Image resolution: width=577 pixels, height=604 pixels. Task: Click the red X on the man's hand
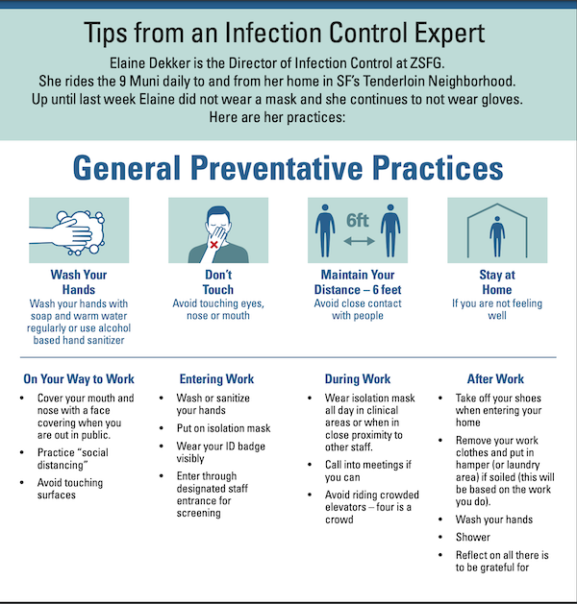click(x=214, y=244)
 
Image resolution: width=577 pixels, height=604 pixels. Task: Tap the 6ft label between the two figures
click(x=358, y=220)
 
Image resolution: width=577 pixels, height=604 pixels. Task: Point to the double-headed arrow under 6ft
click(x=359, y=241)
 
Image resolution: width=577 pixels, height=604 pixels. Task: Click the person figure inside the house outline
click(x=497, y=236)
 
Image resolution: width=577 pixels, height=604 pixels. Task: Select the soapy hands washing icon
click(x=67, y=232)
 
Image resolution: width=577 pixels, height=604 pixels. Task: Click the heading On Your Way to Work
click(x=79, y=378)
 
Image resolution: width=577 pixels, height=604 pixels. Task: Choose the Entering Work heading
click(x=216, y=378)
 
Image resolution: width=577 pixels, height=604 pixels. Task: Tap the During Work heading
click(x=358, y=378)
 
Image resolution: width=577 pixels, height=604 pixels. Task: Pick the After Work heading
click(x=495, y=378)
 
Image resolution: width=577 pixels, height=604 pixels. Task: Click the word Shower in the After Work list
click(x=473, y=537)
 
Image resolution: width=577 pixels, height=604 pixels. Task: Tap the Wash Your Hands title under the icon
click(x=79, y=282)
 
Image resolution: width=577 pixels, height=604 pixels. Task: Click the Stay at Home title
click(x=497, y=282)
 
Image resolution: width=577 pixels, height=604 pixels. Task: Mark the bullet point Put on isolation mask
click(x=223, y=428)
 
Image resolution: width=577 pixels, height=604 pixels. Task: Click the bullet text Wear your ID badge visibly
click(x=220, y=452)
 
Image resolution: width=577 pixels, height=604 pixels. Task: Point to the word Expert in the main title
click(x=449, y=33)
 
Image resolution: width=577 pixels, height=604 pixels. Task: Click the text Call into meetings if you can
click(x=368, y=471)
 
